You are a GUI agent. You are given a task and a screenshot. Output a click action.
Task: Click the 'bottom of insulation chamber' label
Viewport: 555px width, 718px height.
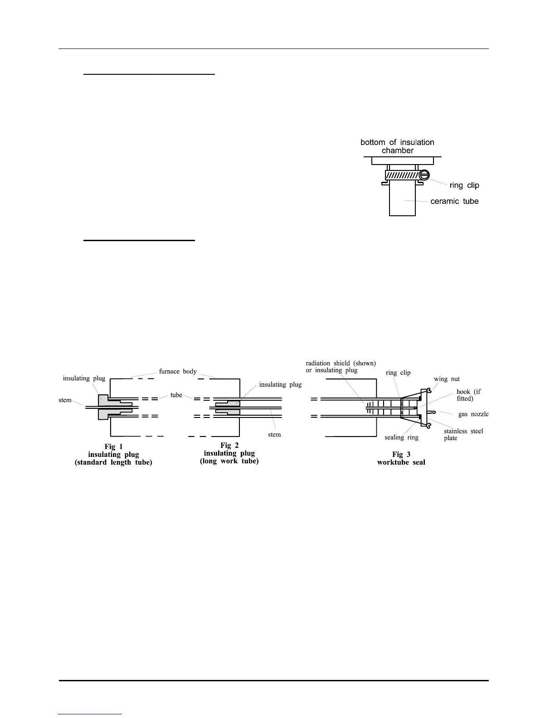[397, 146]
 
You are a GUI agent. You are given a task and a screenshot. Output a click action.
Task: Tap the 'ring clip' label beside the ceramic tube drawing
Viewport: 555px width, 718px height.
[464, 185]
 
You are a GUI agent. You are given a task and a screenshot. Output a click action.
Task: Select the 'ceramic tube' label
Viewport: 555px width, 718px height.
[454, 201]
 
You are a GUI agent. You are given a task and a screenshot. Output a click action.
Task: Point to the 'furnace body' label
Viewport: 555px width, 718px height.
[178, 371]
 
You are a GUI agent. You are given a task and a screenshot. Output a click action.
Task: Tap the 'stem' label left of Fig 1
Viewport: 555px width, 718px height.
[65, 400]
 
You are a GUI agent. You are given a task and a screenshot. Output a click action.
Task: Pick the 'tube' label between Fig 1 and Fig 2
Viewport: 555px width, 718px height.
[176, 395]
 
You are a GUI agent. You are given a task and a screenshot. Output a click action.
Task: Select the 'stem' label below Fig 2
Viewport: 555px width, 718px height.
[274, 435]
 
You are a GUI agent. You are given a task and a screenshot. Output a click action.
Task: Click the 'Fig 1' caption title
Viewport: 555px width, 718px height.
[113, 446]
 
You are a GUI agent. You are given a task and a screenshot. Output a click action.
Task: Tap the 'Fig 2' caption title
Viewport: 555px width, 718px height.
[229, 445]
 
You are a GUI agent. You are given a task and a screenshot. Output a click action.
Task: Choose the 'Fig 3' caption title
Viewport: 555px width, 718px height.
[401, 454]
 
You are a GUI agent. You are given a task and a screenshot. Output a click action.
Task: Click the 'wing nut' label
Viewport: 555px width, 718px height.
[447, 379]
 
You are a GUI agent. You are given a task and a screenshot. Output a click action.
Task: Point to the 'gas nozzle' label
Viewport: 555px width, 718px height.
[473, 414]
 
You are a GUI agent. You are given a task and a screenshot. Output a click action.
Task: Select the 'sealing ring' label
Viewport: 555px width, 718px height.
[401, 437]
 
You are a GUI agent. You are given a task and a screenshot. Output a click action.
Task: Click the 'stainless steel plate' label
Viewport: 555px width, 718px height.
[463, 434]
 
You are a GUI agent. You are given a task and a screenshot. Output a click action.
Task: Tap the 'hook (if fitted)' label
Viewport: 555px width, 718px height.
[468, 395]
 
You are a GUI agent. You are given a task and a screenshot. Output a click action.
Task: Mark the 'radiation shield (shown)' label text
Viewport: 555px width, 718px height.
[341, 363]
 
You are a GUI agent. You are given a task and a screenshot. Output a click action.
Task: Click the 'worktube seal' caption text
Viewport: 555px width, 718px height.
[401, 462]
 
